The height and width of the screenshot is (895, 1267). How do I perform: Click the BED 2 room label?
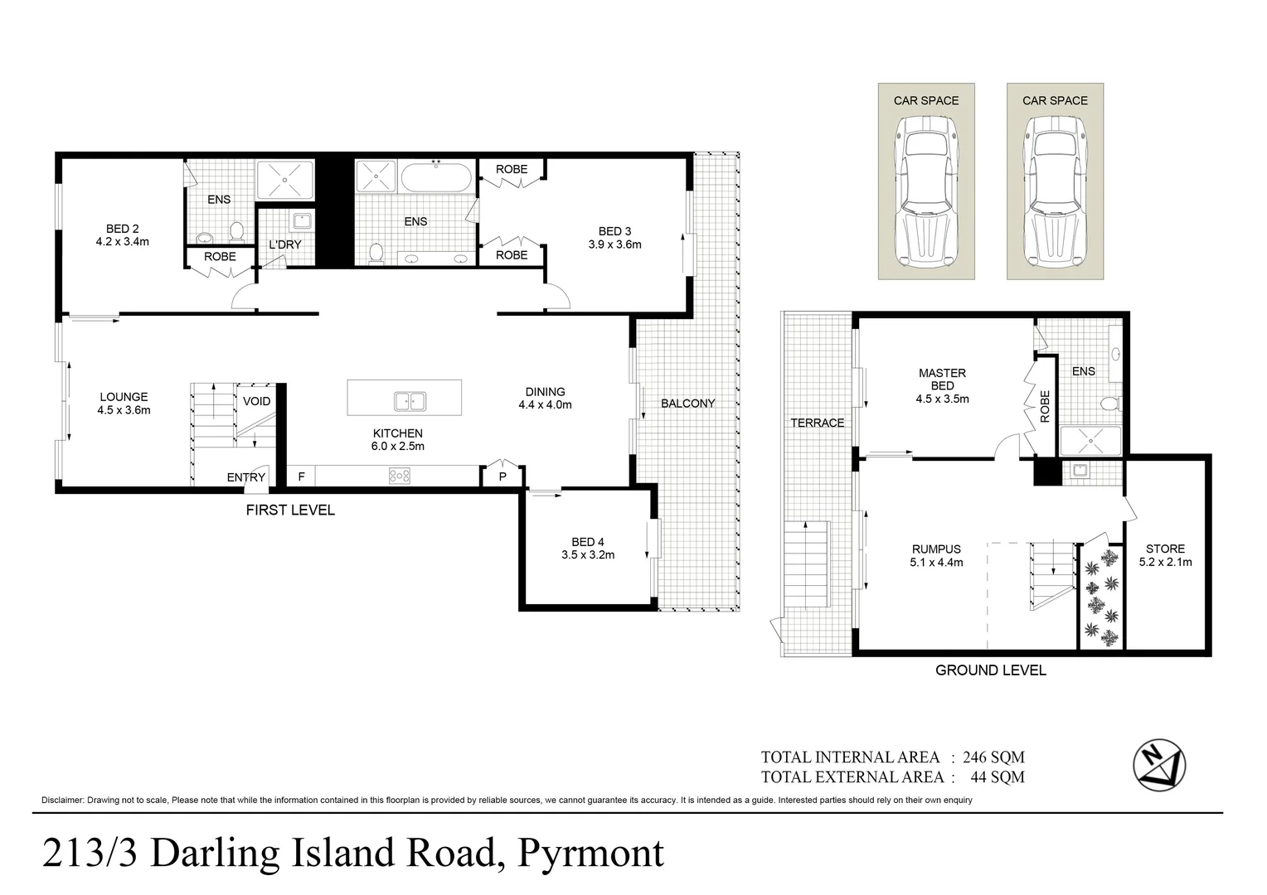pyautogui.click(x=122, y=235)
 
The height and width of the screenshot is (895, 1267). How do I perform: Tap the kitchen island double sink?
pyautogui.click(x=410, y=401)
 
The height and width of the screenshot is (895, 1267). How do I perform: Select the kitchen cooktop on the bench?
pyautogui.click(x=400, y=476)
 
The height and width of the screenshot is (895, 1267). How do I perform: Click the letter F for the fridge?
pyautogui.click(x=302, y=477)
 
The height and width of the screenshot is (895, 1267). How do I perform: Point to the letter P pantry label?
pyautogui.click(x=502, y=477)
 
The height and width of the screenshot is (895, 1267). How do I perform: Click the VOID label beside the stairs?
pyautogui.click(x=257, y=401)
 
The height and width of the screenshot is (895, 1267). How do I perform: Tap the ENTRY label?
pyautogui.click(x=246, y=477)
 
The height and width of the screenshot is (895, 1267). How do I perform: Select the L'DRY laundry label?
pyautogui.click(x=285, y=244)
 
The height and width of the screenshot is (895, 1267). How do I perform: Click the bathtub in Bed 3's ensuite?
pyautogui.click(x=435, y=177)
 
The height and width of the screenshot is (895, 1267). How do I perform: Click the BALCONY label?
pyautogui.click(x=687, y=403)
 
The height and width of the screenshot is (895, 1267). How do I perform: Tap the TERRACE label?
pyautogui.click(x=818, y=423)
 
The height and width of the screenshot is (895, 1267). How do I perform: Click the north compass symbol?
pyautogui.click(x=1159, y=765)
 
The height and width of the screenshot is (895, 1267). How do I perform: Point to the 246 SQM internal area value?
pyautogui.click(x=994, y=757)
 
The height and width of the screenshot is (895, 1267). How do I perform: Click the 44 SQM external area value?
pyautogui.click(x=998, y=777)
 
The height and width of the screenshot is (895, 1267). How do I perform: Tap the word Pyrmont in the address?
pyautogui.click(x=590, y=854)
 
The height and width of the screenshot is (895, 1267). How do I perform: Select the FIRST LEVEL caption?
pyautogui.click(x=290, y=510)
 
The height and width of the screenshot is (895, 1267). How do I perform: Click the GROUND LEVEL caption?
pyautogui.click(x=990, y=670)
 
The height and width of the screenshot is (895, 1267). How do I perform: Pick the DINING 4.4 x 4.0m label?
pyautogui.click(x=546, y=398)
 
